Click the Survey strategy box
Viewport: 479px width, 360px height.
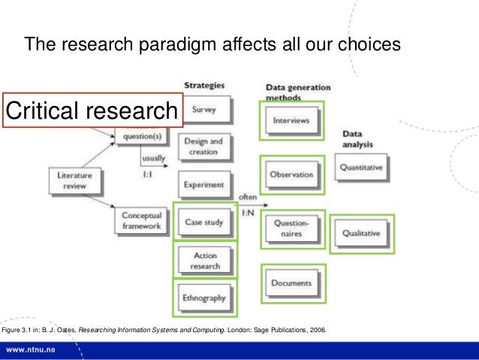coord(205,110)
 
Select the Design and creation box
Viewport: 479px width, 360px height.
coord(205,147)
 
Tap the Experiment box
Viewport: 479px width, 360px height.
coord(205,184)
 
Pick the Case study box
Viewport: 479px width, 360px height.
coord(204,222)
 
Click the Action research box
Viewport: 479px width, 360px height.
coord(205,260)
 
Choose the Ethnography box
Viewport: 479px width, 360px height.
coord(204,298)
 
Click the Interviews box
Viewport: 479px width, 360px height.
coord(291,120)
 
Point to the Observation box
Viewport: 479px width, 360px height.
coord(291,175)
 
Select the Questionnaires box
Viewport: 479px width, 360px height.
coord(291,228)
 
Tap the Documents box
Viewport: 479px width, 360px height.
coord(291,283)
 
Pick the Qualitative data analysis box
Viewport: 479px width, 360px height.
coord(361,233)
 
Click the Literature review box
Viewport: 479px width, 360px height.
coord(74,180)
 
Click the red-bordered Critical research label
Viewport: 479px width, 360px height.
coord(92,111)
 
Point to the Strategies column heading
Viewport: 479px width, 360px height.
coord(203,84)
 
